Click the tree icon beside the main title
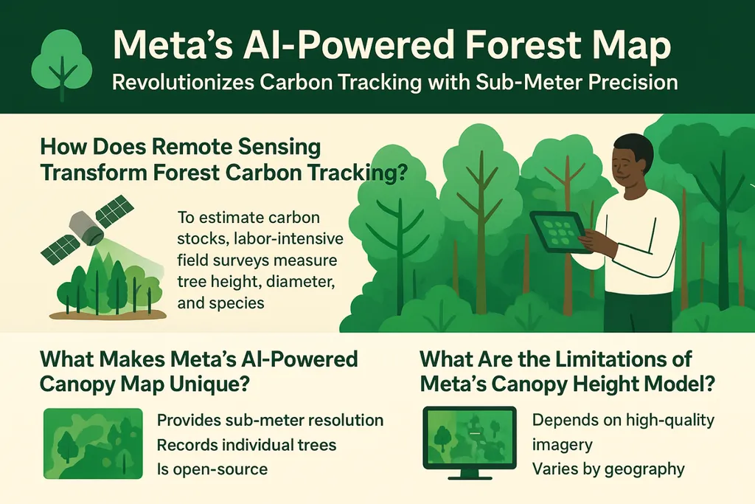point(62,63)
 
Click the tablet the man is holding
point(561,232)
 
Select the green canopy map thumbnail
point(93,443)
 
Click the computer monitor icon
point(470,443)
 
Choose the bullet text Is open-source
point(212,469)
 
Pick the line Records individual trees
point(246,444)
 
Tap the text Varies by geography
point(608,469)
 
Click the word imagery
point(562,445)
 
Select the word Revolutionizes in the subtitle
point(183,82)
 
